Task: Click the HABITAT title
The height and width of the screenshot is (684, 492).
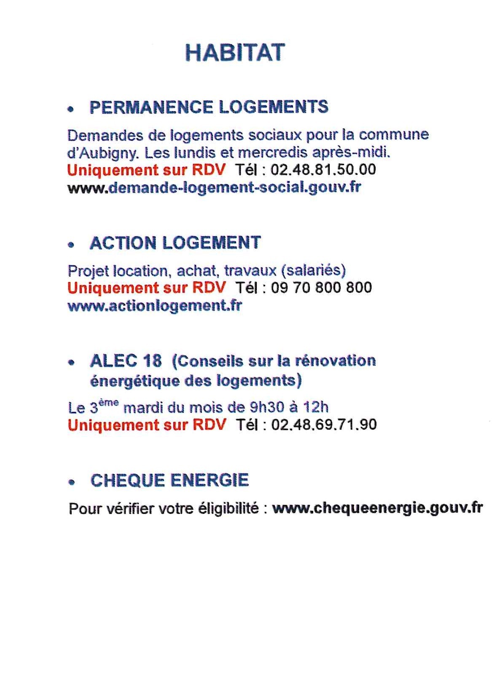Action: pos(235,53)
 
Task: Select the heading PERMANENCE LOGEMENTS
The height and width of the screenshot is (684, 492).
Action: pos(209,107)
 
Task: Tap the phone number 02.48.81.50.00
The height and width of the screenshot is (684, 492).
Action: pos(323,170)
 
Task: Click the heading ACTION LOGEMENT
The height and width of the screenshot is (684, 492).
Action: pos(175,243)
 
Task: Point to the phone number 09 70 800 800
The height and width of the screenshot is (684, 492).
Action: pos(321,288)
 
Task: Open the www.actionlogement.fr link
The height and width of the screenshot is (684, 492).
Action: pos(155,305)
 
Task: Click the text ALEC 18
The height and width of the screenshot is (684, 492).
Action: pos(126,361)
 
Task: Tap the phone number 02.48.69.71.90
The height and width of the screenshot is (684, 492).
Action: pos(324,425)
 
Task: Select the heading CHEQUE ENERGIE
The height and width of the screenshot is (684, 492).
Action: pos(169,481)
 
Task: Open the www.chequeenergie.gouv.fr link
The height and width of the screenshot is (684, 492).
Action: pos(377,508)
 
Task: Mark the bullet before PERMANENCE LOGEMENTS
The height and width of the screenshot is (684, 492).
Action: pos(71,109)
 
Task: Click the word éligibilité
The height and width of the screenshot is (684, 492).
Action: pos(234,508)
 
